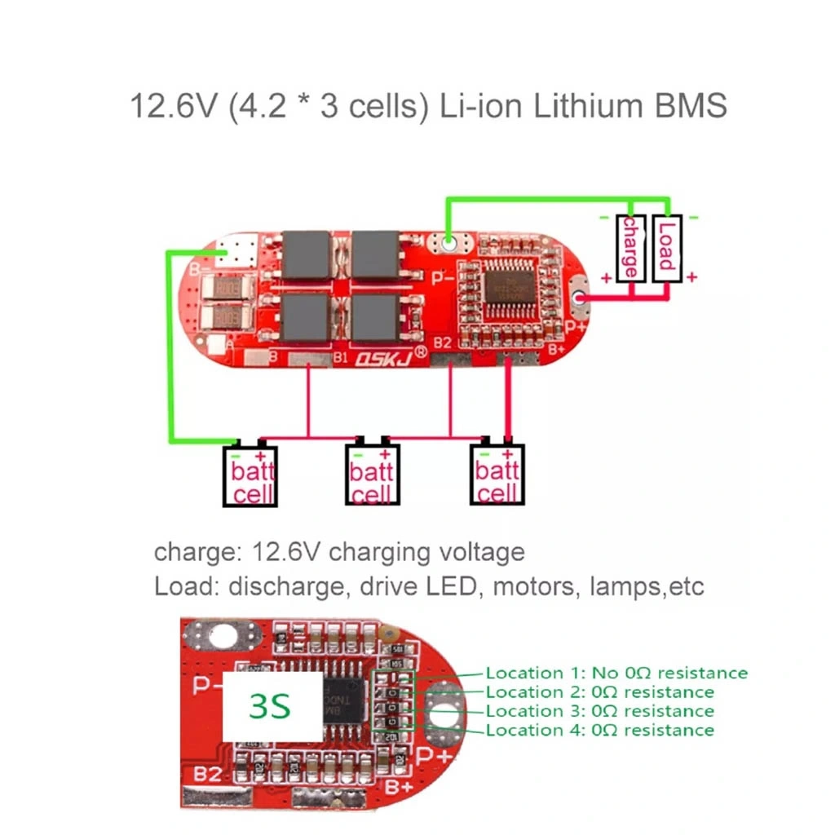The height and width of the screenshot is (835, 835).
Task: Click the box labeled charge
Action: pos(630,248)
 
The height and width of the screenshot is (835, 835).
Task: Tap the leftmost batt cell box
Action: pos(250,475)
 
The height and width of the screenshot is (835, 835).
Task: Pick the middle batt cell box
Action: pos(372,475)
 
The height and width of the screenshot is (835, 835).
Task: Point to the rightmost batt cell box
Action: pos(497,475)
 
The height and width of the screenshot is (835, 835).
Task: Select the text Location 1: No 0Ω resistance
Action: pos(616,673)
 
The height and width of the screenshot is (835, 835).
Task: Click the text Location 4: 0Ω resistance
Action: pos(599,730)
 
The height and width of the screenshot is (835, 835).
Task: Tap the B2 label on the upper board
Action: pos(443,343)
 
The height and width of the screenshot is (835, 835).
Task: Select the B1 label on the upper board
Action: pos(342,356)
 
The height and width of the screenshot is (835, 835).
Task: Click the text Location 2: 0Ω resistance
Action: pos(599,692)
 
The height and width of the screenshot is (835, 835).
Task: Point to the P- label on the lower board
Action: pos(205,686)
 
